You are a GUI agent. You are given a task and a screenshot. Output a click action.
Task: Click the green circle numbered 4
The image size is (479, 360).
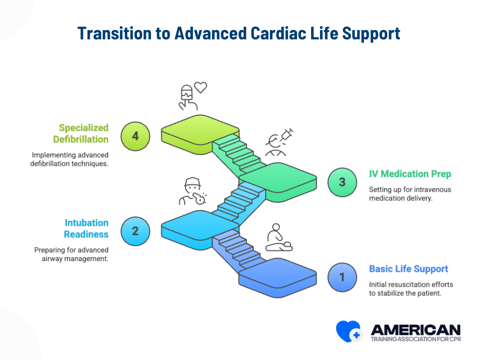click(x=135, y=136)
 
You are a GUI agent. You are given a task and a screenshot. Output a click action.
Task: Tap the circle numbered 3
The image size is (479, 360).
click(x=342, y=182)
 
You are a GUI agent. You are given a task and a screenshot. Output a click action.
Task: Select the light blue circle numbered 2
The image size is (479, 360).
click(x=135, y=231)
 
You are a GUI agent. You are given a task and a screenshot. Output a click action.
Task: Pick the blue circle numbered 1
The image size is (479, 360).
click(x=342, y=277)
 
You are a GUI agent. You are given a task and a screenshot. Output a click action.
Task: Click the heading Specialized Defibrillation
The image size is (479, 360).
click(x=80, y=134)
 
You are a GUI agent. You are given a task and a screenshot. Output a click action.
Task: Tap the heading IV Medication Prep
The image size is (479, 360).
click(x=410, y=174)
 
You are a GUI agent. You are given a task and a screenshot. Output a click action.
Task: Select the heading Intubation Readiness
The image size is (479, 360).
click(x=86, y=228)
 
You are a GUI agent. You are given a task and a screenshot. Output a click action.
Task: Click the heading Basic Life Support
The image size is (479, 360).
click(x=408, y=269)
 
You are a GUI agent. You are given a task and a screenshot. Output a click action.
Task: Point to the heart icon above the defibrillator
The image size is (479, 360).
click(x=201, y=87)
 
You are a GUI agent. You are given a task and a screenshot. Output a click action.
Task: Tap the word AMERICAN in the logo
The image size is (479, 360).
click(x=415, y=329)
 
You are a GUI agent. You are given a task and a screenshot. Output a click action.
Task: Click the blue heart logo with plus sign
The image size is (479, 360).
click(x=348, y=331)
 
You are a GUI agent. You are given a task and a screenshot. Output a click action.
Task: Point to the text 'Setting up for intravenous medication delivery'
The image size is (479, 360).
click(x=409, y=194)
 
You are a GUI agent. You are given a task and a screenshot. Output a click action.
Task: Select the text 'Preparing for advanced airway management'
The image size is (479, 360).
click(x=71, y=254)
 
